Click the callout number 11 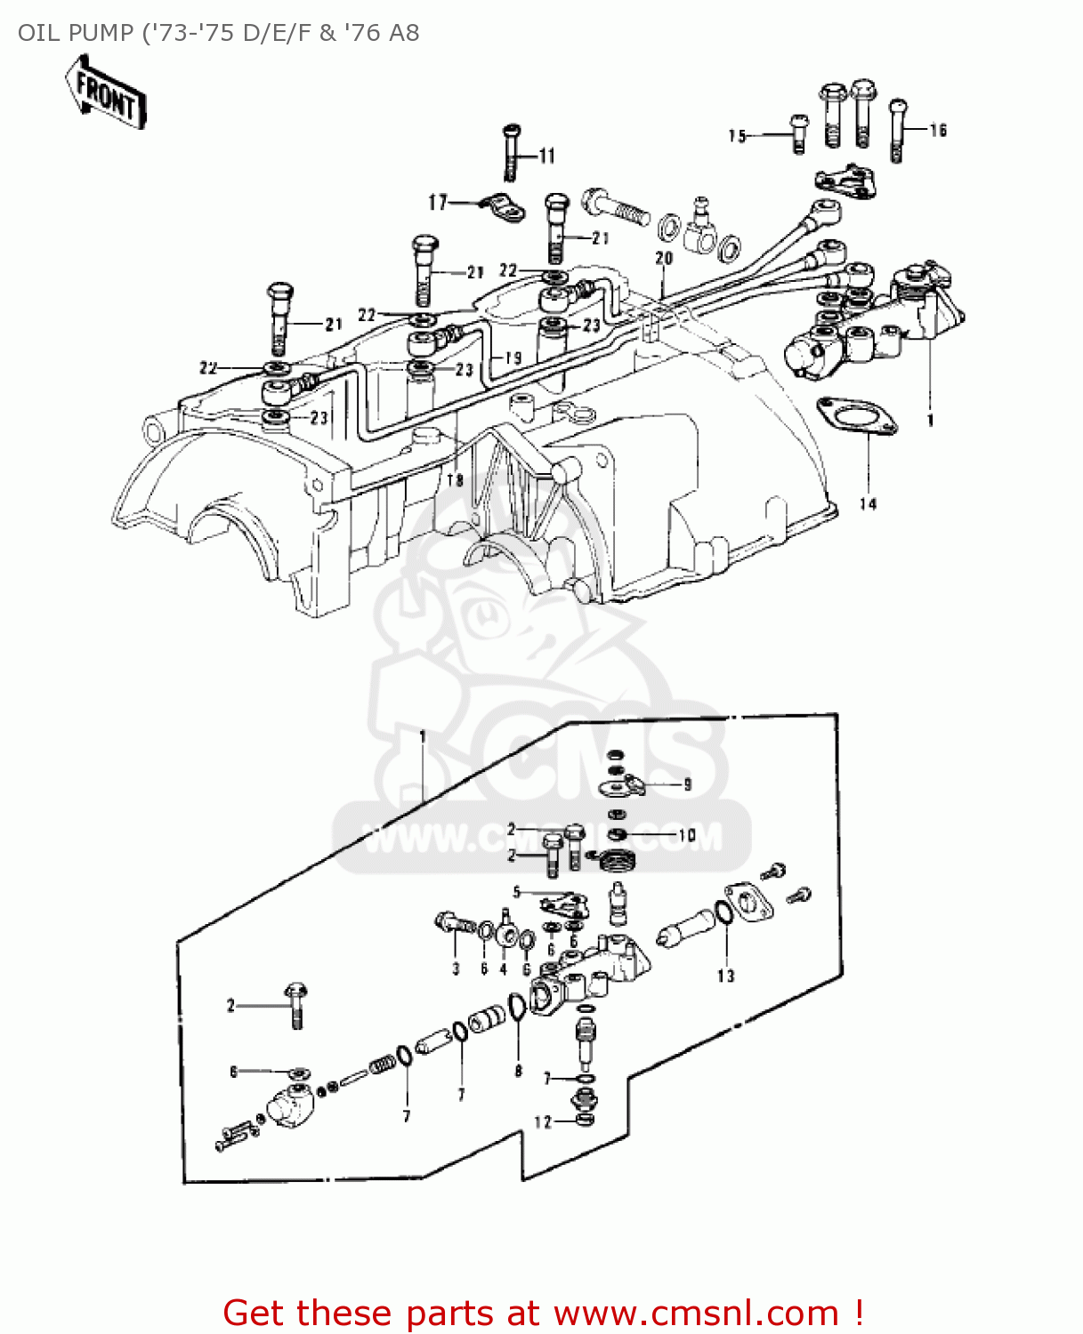[x=546, y=157]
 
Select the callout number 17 [x=438, y=203]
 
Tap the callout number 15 [x=737, y=136]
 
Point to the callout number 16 [x=938, y=131]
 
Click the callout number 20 [x=664, y=258]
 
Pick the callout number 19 [x=513, y=358]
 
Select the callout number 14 [x=868, y=504]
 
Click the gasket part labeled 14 [x=856, y=418]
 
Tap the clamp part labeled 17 [x=503, y=209]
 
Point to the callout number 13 [x=726, y=976]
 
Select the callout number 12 [x=543, y=1122]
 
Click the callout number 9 [x=687, y=784]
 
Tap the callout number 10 [x=686, y=835]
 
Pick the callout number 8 [x=518, y=1071]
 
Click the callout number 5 [x=516, y=892]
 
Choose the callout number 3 [x=456, y=968]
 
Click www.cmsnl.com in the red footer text [x=696, y=1313]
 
